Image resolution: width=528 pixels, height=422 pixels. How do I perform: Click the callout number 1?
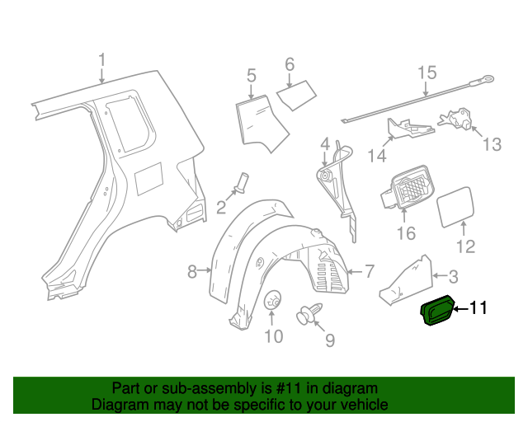coord(101,61)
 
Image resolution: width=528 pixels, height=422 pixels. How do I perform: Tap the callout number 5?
coord(252,77)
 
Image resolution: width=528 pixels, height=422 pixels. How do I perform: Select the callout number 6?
coord(290,64)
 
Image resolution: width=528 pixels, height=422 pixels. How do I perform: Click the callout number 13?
coord(492,145)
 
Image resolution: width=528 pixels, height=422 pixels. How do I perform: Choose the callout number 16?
coord(406,234)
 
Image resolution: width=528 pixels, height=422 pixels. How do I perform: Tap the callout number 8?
coord(191,271)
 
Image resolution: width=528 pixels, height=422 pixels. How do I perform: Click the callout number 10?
coord(273,336)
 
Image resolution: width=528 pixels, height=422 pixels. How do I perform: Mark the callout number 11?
coord(478,309)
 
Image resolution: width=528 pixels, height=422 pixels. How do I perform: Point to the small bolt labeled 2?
coord(241,182)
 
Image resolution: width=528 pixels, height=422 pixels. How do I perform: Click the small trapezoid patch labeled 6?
coord(295,94)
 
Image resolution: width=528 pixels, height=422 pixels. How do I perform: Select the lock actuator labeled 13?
coord(458,120)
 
